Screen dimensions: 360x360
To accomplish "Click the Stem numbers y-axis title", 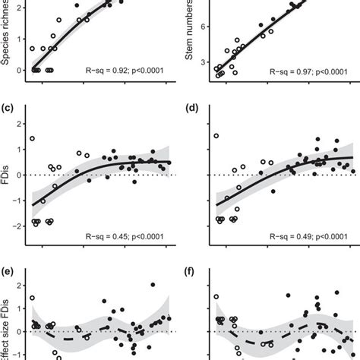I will point(191,38).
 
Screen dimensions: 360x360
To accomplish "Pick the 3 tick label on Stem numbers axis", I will point(204,63).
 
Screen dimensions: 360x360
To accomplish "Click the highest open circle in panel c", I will point(32,138).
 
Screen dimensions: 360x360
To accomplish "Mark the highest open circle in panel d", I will point(216,136).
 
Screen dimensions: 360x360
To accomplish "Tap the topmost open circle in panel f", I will point(216,297).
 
